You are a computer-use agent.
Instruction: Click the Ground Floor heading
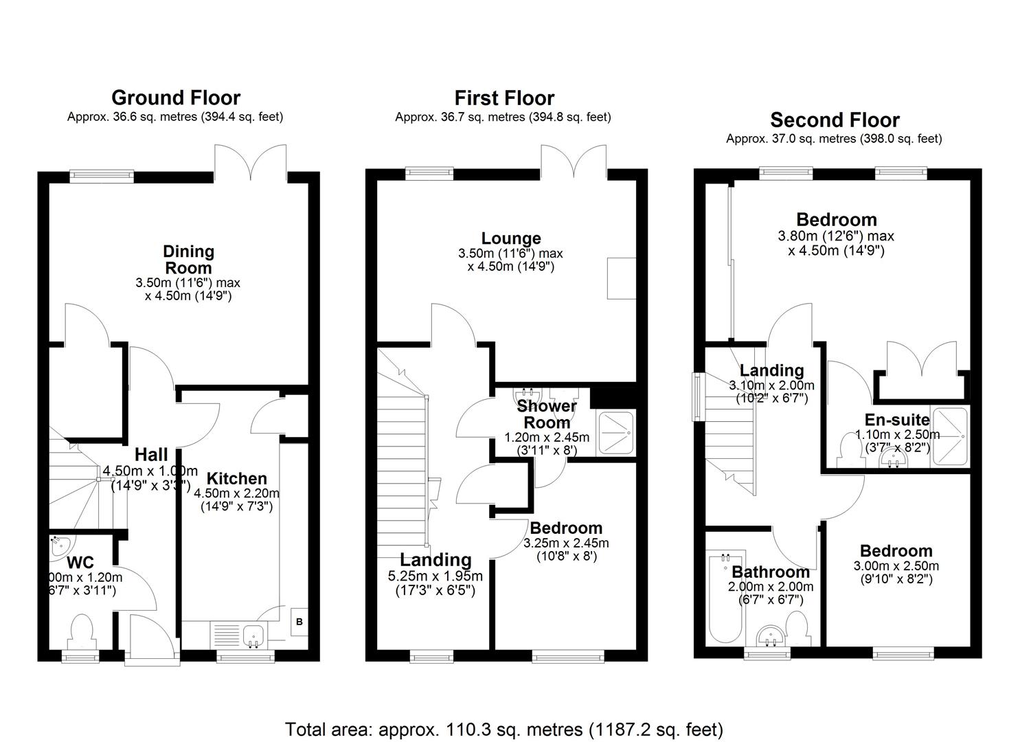(176, 98)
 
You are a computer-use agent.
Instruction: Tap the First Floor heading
(504, 98)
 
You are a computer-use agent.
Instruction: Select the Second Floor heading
(835, 120)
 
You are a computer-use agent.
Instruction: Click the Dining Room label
(188, 260)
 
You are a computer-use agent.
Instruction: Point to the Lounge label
(511, 238)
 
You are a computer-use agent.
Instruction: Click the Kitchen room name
(237, 479)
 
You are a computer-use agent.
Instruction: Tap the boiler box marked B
(299, 622)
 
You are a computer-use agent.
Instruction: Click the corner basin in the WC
(59, 547)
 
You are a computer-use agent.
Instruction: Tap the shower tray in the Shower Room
(616, 432)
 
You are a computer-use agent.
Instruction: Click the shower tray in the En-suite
(949, 427)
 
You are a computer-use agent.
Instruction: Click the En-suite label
(897, 420)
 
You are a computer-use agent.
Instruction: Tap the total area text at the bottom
(504, 728)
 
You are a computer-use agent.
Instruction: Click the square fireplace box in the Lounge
(622, 278)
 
